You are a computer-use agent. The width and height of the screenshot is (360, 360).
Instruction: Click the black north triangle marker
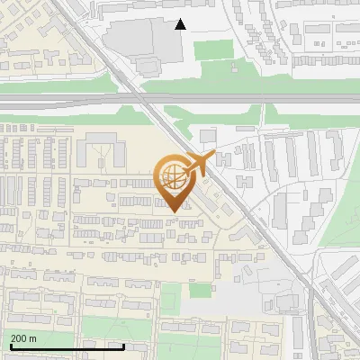click(181, 24)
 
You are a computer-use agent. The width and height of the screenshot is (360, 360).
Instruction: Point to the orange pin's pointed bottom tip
click(175, 211)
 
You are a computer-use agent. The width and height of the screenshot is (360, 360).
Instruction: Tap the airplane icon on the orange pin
click(199, 163)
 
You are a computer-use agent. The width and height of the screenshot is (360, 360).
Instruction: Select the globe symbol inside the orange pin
click(174, 175)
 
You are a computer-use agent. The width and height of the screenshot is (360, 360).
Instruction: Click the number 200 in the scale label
click(20, 338)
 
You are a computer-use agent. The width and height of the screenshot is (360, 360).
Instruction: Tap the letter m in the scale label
click(32, 338)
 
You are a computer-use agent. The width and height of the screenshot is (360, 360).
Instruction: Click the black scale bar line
click(67, 346)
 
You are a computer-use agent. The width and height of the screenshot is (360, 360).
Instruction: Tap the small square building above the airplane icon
click(208, 136)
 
